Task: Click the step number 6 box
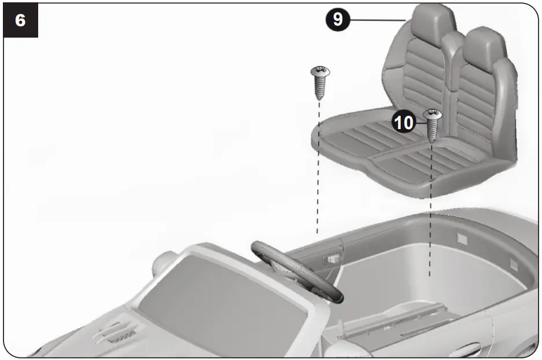click(21, 20)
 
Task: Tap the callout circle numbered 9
click(337, 19)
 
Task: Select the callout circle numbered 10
click(403, 122)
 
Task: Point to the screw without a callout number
click(319, 81)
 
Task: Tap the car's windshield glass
click(220, 301)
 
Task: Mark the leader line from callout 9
click(376, 20)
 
